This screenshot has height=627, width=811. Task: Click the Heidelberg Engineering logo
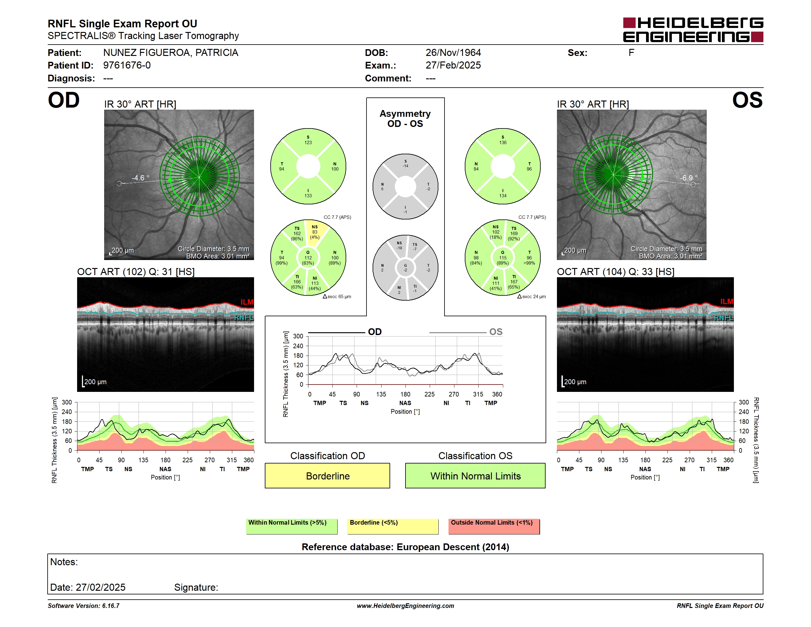coord(693,30)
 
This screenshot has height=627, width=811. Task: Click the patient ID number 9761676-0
coord(127,65)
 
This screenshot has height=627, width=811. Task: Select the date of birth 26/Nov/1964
coord(453,53)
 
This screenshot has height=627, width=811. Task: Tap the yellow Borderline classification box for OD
coord(327,475)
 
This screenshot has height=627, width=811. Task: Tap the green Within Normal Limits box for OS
coord(475,475)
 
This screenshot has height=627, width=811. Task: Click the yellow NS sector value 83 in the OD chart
coord(315,232)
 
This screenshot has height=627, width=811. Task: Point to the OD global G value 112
coord(308,258)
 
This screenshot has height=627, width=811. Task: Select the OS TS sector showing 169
coord(514,234)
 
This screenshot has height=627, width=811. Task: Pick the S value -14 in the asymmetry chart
coord(405,164)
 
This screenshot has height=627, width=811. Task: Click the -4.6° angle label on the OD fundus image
coord(140,178)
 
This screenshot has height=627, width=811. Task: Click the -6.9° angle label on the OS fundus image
coord(689,178)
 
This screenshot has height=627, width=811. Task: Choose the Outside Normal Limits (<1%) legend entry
coord(494,526)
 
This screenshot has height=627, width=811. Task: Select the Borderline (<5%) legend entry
coord(393,526)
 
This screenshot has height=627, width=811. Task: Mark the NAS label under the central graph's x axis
coord(405,403)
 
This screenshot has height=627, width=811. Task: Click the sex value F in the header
coord(631,53)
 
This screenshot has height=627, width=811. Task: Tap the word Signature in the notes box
coord(195,587)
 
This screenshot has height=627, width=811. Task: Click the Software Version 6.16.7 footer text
coord(84,606)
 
